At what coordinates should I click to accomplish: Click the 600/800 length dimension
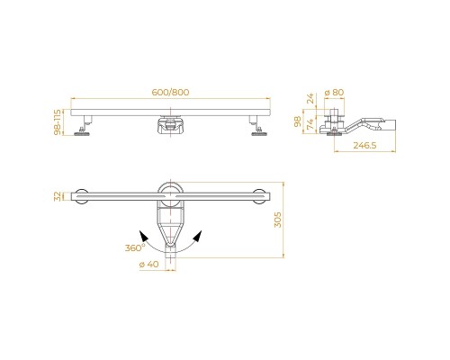(170, 92)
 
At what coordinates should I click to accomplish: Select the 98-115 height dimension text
(58, 121)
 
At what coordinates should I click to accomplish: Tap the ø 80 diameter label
(334, 92)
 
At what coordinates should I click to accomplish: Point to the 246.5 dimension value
(364, 146)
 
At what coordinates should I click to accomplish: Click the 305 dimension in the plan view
(278, 220)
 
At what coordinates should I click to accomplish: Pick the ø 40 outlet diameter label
(149, 265)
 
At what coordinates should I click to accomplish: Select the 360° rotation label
(135, 247)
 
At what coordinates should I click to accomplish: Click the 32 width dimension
(58, 196)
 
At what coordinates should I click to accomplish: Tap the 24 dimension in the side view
(311, 98)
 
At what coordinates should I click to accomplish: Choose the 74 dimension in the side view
(311, 123)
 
